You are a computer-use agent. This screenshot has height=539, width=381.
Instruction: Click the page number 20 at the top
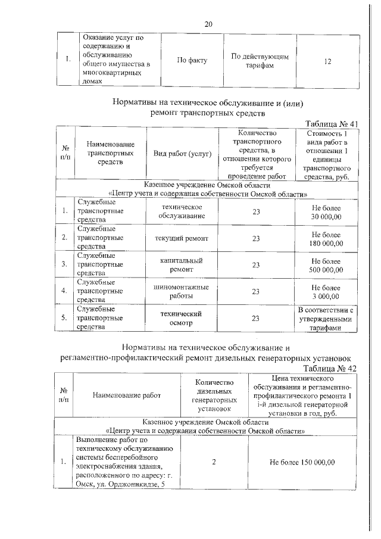[208, 24]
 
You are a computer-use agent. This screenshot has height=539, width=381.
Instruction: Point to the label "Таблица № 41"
[330, 123]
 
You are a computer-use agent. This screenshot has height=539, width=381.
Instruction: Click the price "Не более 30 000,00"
[326, 211]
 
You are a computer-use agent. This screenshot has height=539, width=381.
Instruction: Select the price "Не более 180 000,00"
[326, 238]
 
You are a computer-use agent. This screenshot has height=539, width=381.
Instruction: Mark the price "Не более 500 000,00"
[326, 265]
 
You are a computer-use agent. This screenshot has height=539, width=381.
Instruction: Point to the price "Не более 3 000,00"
[326, 291]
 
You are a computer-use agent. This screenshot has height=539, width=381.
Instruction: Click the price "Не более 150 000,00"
[302, 462]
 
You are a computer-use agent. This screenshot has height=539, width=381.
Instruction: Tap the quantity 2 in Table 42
[213, 462]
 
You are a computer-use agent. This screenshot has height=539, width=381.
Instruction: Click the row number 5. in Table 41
[64, 318]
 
